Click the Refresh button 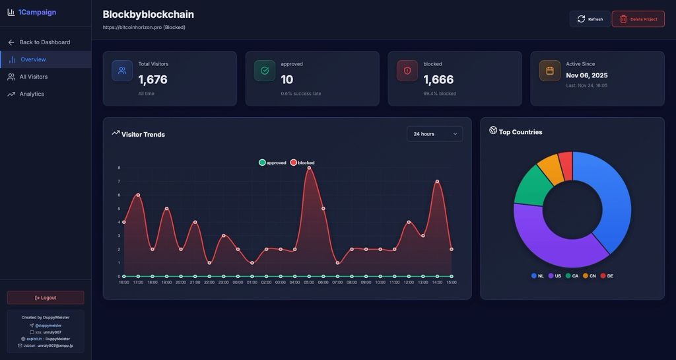[590, 19]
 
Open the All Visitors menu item [33, 77]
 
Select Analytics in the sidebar [32, 94]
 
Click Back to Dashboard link [44, 42]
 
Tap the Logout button [46, 297]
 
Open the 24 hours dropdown [434, 134]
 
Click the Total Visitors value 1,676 [152, 80]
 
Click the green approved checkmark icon [265, 71]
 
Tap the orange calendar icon [550, 71]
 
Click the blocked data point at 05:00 [309, 168]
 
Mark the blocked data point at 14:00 [437, 182]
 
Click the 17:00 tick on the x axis [138, 283]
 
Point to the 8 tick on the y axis [119, 168]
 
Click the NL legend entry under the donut [537, 276]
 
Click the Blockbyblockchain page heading [148, 15]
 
